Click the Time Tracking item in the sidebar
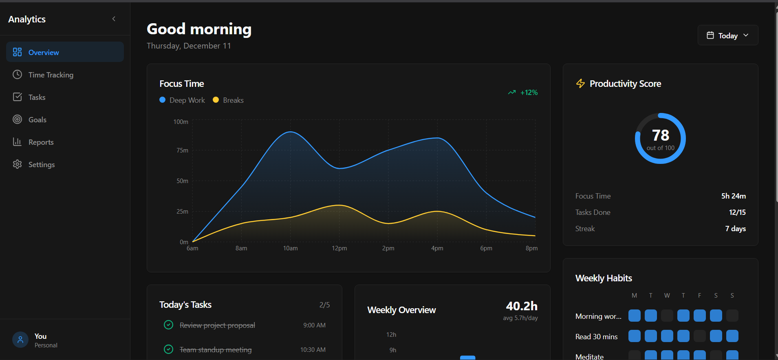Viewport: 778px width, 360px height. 51,75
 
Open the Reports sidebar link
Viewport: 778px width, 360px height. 41,142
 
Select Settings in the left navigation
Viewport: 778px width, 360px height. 41,165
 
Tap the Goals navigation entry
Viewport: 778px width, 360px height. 37,120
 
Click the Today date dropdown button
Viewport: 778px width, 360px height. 727,35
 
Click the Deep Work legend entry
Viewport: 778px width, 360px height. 182,100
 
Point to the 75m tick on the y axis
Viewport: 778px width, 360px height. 182,150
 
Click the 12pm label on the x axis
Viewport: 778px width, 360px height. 339,248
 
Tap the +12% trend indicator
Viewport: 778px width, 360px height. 523,93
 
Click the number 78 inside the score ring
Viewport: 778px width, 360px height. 660,135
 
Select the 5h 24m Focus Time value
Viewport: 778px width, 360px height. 733,196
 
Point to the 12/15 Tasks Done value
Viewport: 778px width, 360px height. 737,212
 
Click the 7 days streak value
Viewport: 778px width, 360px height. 735,229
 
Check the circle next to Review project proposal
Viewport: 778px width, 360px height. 168,325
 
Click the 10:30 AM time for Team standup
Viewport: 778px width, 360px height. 313,350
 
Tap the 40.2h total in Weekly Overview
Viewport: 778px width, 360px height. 521,306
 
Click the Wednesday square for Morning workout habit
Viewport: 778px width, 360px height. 667,316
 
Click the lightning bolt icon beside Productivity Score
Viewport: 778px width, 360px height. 580,84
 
